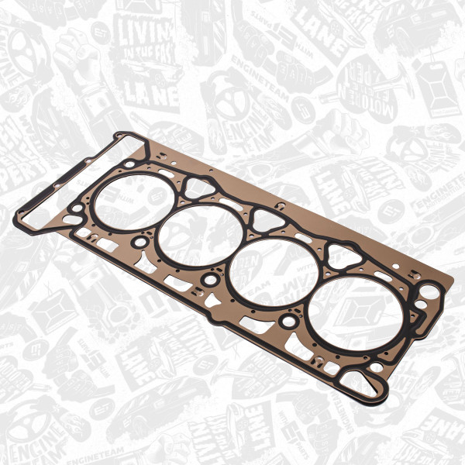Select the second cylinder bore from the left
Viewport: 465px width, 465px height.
(203, 232)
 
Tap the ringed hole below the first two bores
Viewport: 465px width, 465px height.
(139, 243)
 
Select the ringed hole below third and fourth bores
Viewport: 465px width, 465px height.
(289, 319)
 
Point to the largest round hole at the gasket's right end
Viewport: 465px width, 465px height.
(428, 294)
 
